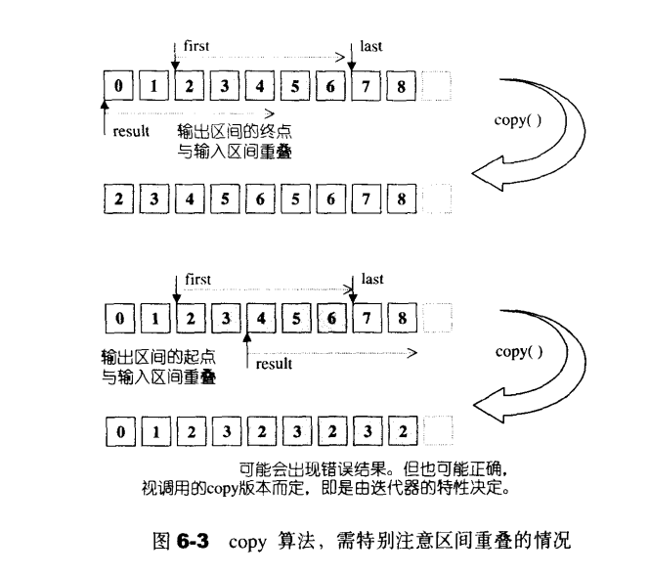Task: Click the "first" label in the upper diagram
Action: tap(196, 45)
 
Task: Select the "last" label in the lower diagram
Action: tap(371, 279)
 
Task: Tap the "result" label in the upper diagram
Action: tap(131, 131)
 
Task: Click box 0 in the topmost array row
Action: tap(118, 86)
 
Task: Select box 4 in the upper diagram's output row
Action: tap(189, 199)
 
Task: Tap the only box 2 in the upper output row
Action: tap(118, 199)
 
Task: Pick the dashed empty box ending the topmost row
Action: tap(436, 86)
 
